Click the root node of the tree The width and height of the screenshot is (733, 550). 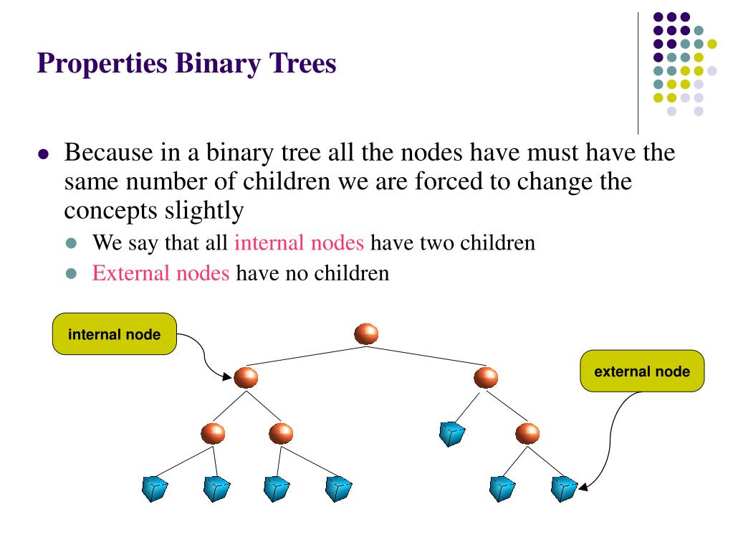(366, 333)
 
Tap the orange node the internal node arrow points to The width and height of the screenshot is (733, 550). (246, 377)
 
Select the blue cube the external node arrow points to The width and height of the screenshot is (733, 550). (564, 488)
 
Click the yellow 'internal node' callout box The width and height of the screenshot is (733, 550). (115, 334)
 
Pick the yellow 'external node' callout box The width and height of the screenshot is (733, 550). (642, 371)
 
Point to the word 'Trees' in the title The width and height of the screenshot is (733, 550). (302, 64)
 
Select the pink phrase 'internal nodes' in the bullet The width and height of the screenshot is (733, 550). (300, 242)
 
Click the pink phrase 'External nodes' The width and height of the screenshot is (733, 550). (161, 273)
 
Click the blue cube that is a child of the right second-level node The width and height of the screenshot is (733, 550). (452, 434)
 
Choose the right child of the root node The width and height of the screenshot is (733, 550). (486, 377)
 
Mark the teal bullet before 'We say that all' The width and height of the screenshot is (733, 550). (70, 243)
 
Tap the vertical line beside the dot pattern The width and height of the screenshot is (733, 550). (638, 72)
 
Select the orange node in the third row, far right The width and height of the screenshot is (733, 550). (527, 433)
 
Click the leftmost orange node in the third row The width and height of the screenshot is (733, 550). (213, 433)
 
